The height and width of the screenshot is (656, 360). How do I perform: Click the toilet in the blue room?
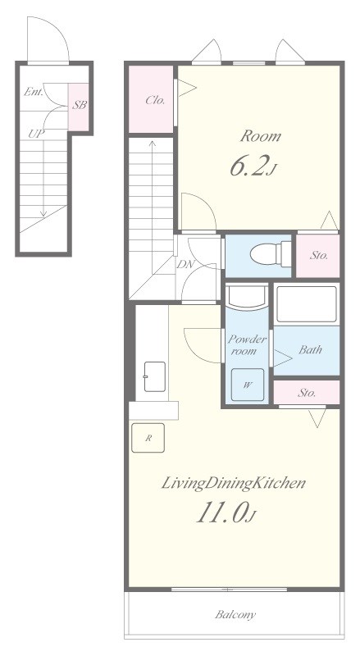[271, 253]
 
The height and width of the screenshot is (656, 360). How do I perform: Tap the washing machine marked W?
[248, 385]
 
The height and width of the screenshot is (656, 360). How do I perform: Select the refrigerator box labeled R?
[148, 438]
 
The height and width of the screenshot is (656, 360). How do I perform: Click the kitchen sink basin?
[154, 376]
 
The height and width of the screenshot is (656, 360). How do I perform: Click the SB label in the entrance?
[79, 105]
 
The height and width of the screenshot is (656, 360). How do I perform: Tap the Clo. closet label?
[155, 100]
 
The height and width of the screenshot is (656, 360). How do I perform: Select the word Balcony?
[235, 614]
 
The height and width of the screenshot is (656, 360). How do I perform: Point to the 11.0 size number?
[226, 513]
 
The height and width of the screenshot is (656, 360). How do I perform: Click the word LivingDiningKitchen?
[233, 483]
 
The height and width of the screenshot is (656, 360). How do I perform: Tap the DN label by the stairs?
[184, 264]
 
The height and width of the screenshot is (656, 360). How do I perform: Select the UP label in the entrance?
[36, 134]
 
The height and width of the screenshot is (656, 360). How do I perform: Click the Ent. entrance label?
[33, 92]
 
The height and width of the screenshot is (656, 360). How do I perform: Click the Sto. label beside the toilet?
[318, 255]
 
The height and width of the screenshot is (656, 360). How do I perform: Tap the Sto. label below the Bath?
[307, 393]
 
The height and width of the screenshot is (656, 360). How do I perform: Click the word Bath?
[310, 349]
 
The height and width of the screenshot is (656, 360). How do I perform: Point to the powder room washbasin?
[247, 298]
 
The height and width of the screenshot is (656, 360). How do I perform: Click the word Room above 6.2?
[260, 136]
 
